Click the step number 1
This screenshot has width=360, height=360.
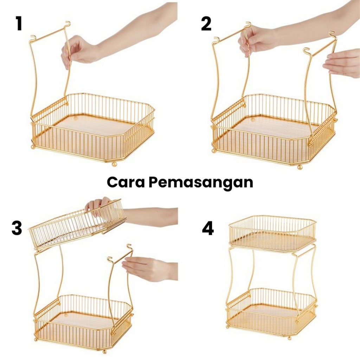pyautogui.click(x=19, y=24)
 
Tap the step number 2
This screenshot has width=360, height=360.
pyautogui.click(x=206, y=24)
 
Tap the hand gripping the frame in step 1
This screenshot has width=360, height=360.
pyautogui.click(x=78, y=52)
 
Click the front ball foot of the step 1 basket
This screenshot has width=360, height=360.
pyautogui.click(x=114, y=165)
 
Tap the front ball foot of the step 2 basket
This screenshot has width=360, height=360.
pyautogui.click(x=300, y=167)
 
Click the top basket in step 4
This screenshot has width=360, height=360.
pyautogui.click(x=272, y=233)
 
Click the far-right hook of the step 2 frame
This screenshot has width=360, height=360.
pyautogui.click(x=332, y=34)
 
